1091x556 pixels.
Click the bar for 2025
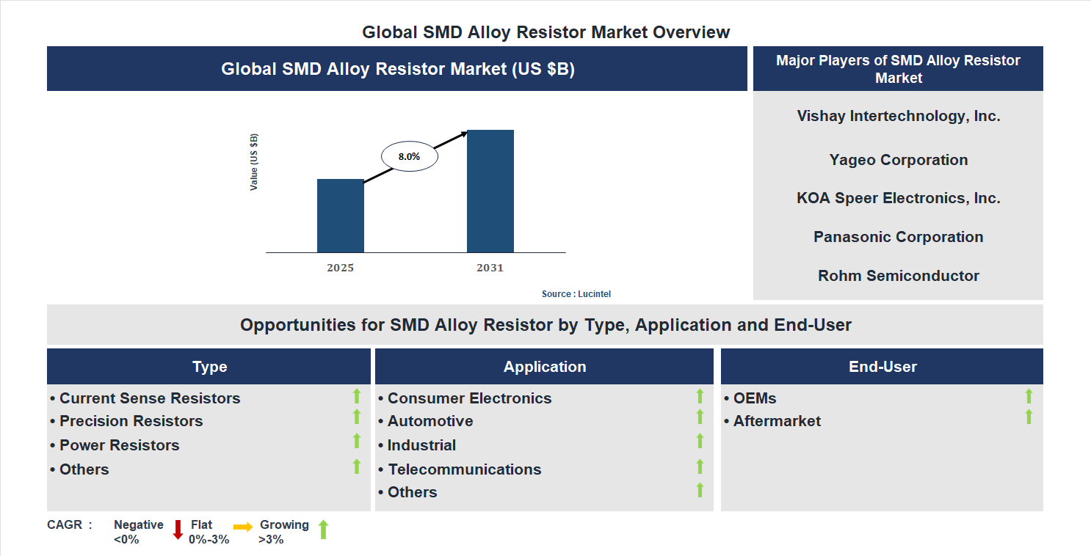pyautogui.click(x=340, y=216)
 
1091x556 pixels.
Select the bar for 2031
pyautogui.click(x=490, y=191)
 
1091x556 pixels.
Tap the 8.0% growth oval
pyautogui.click(x=409, y=156)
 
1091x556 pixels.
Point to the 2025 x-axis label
pyautogui.click(x=340, y=268)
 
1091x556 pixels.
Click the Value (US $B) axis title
pyautogui.click(x=254, y=162)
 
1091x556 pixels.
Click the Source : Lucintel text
pyautogui.click(x=576, y=293)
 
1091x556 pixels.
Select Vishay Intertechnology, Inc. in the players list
pyautogui.click(x=898, y=116)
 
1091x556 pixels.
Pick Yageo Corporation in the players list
pyautogui.click(x=898, y=160)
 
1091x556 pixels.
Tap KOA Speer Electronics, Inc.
pyautogui.click(x=898, y=198)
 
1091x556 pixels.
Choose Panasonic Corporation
pyautogui.click(x=898, y=237)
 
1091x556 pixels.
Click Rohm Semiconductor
pyautogui.click(x=898, y=276)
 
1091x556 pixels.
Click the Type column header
pyautogui.click(x=209, y=367)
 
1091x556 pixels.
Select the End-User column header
pyautogui.click(x=882, y=367)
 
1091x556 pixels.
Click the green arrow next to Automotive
pyautogui.click(x=700, y=417)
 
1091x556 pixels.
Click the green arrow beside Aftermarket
pyautogui.click(x=1029, y=417)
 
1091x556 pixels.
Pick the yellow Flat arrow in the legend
pyautogui.click(x=243, y=527)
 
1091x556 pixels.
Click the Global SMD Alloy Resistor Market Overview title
pyautogui.click(x=545, y=32)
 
